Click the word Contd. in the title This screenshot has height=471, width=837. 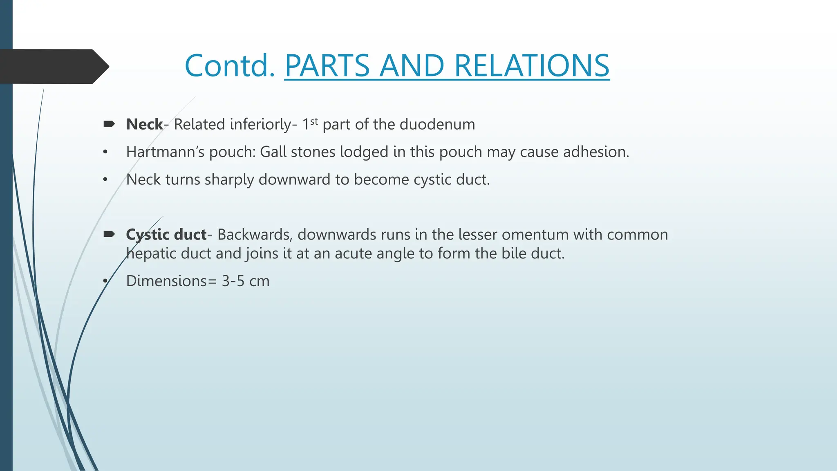pyautogui.click(x=230, y=65)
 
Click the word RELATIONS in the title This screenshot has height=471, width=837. pyautogui.click(x=531, y=65)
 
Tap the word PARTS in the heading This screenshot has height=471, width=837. pyautogui.click(x=327, y=65)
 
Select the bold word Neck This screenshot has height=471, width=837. pyautogui.click(x=144, y=124)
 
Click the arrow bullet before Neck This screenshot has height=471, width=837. pyautogui.click(x=109, y=124)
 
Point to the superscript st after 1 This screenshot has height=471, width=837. pyautogui.click(x=314, y=121)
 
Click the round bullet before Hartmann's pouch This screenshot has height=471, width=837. pyautogui.click(x=105, y=153)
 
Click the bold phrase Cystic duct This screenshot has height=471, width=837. pyautogui.click(x=166, y=235)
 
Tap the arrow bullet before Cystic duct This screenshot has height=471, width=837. pyautogui.click(x=109, y=234)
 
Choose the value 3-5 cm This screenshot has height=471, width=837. pyautogui.click(x=245, y=281)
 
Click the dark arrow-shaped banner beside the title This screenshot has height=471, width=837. pyautogui.click(x=53, y=66)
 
